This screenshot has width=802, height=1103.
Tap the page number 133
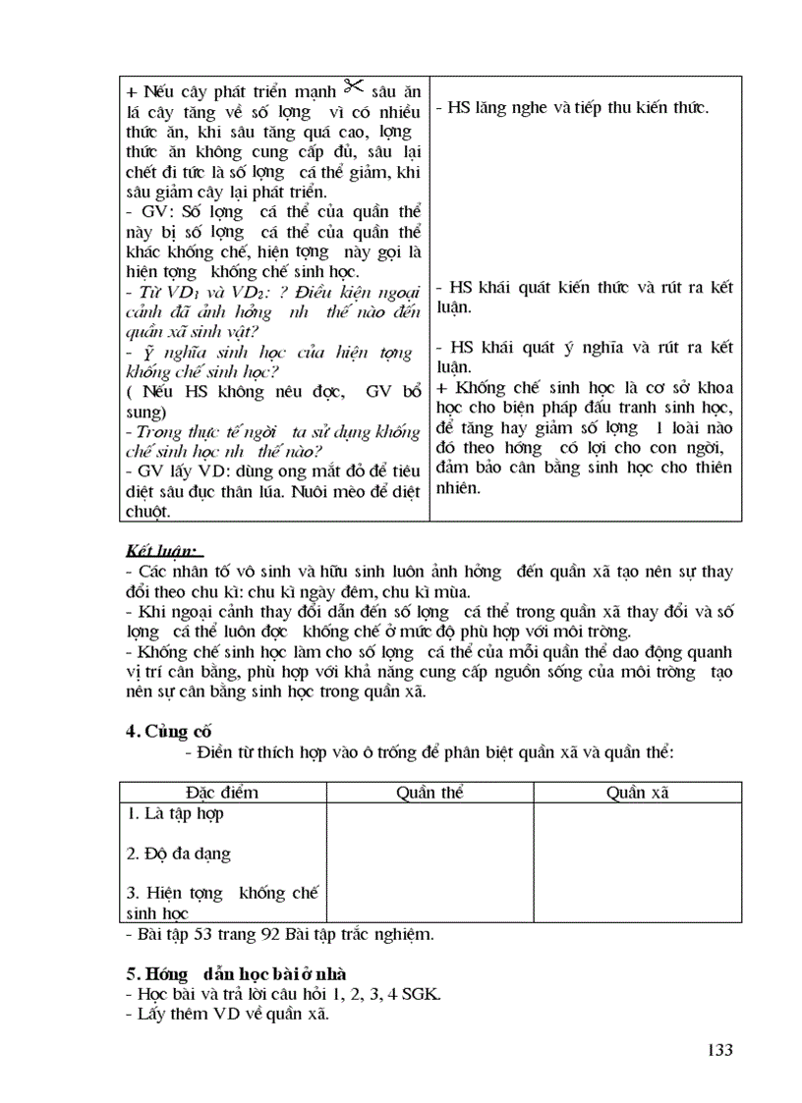coord(719,1050)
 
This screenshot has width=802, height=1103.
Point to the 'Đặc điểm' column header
coord(221,793)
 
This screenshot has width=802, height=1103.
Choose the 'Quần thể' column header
coord(430,793)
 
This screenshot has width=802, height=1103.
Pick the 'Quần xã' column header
coord(637,793)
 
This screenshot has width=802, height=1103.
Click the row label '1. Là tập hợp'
coord(176,813)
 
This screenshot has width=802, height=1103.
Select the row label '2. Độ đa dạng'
coord(179,854)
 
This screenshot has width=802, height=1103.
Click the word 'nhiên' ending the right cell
coord(457,488)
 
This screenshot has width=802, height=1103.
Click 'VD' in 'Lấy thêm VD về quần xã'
coord(223,1015)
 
